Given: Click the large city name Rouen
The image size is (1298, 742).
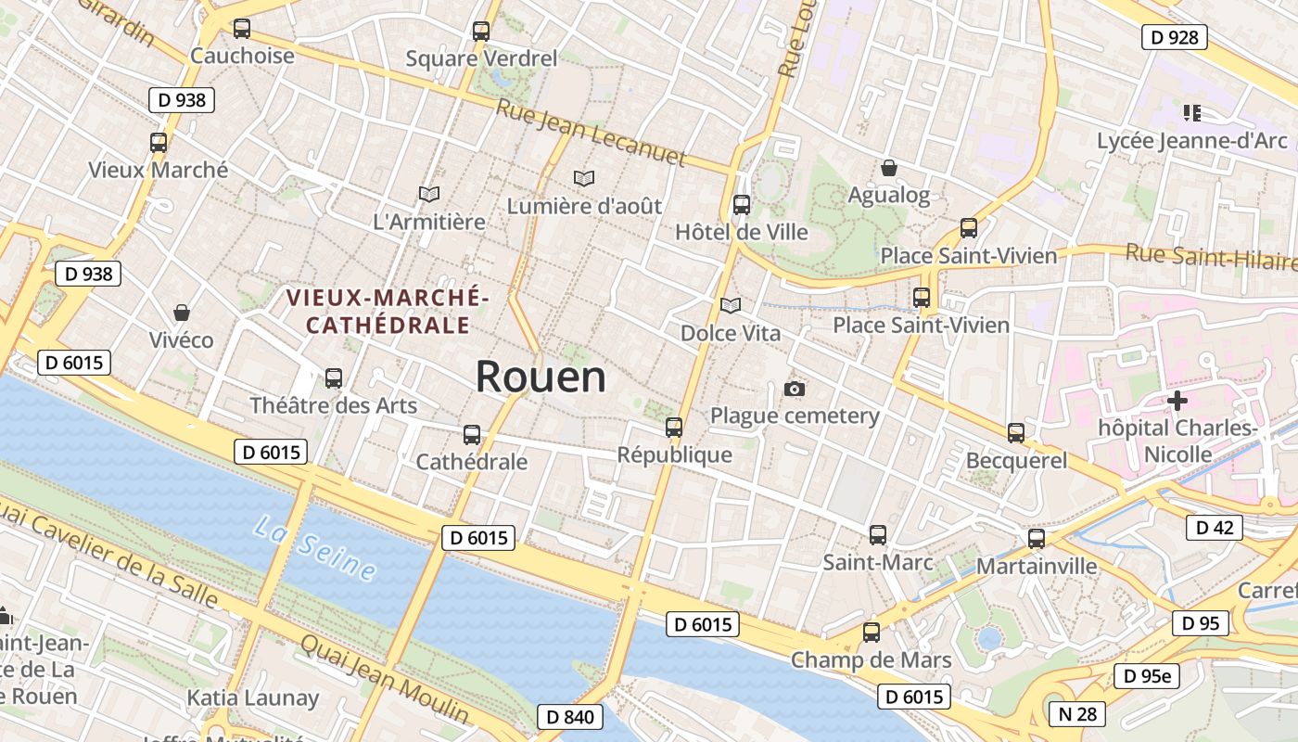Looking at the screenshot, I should (x=541, y=377).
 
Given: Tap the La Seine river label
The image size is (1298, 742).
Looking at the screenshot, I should (x=315, y=549).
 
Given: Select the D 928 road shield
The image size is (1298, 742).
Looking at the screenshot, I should (x=1174, y=37).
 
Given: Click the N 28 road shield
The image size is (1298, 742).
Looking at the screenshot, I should (x=1077, y=713).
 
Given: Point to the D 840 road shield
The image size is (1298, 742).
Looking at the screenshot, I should (x=569, y=716).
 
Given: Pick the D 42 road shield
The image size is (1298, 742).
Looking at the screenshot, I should (x=1214, y=528).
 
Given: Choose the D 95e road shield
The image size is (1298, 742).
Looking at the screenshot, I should (x=1147, y=676).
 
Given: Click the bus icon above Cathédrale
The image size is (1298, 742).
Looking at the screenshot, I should (x=472, y=434).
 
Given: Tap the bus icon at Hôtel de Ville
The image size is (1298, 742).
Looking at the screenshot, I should (x=742, y=205).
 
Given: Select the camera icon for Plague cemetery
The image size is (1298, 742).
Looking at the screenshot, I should (x=795, y=389).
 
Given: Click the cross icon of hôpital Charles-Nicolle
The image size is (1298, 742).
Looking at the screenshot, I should (x=1177, y=401).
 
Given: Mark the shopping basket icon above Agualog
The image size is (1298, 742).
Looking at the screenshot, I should (x=889, y=168).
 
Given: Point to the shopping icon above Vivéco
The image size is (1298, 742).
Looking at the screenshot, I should (x=182, y=313).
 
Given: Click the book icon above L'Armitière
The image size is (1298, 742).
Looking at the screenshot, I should (x=428, y=194).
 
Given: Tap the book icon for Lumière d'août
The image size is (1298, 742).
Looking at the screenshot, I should (x=584, y=178).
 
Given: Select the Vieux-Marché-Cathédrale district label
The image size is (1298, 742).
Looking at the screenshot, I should (x=387, y=312).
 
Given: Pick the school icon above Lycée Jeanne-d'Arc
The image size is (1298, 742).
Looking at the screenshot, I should (x=1192, y=113).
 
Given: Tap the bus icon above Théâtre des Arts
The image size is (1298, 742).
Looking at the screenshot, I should (x=334, y=378).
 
